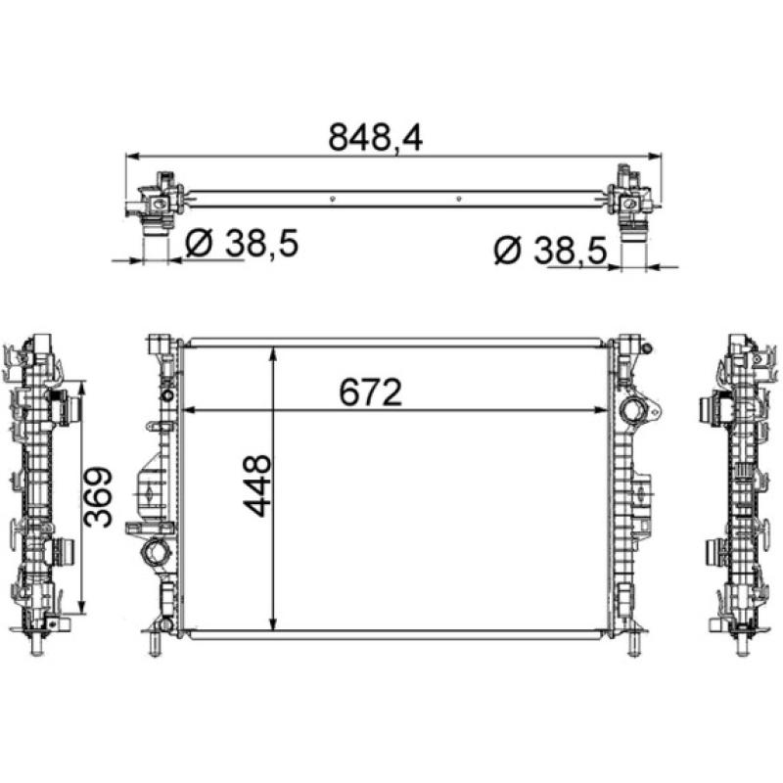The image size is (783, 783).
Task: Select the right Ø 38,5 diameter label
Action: (x=551, y=252)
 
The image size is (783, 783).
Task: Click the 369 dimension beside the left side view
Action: (x=99, y=496)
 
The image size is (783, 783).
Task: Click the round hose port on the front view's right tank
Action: (x=633, y=410)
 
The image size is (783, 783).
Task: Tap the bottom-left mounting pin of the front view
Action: (x=154, y=646)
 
